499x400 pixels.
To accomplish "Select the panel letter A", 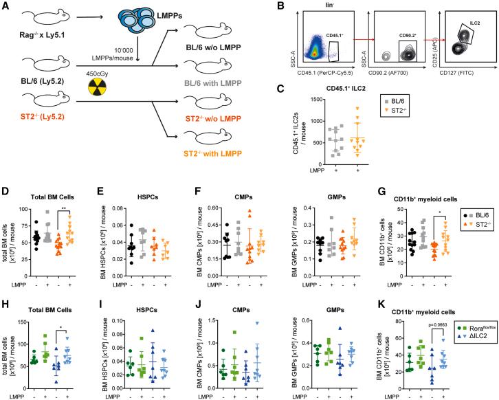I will (x=7, y=8).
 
